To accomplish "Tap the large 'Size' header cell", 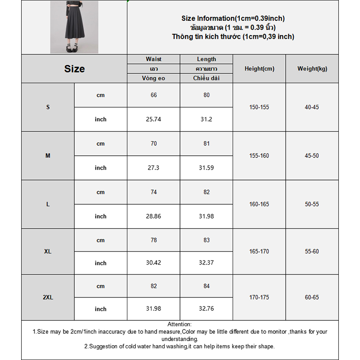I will pos(74,69).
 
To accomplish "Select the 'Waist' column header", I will pos(153,59).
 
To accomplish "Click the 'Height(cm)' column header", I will pos(259,69).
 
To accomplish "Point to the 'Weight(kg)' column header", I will pos(312,69).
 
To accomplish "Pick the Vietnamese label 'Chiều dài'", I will pos(207,78).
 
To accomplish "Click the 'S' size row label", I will pos(48,108).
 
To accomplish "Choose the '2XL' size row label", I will pos(48,297).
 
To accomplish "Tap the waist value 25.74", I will pos(154,119).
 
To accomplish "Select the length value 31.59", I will pos(207,168).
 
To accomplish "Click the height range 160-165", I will pos(259,204).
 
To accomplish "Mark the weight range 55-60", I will pos(312,252).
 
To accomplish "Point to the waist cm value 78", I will pos(154,240).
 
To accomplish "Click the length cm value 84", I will pos(207,286).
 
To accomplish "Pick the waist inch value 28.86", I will pos(154,216).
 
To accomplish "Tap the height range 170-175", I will pos(259,297).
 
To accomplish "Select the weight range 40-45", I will pos(312,108).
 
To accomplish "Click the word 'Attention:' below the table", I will pos(180,324).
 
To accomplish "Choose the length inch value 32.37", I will pos(207,263).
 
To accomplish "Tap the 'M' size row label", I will pos(48,156).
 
